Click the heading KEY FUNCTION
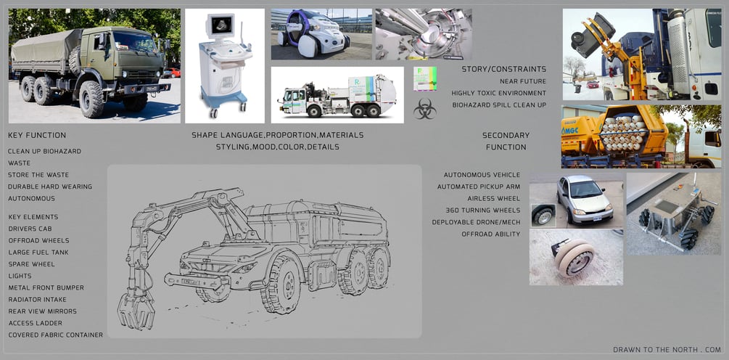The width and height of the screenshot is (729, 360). pyautogui.click(x=37, y=135)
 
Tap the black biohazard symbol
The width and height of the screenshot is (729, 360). pyautogui.click(x=425, y=108)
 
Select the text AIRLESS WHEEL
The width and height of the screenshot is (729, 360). pyautogui.click(x=494, y=199)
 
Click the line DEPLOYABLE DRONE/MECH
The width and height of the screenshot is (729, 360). pyautogui.click(x=476, y=222)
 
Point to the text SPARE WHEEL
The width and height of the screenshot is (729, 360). pyautogui.click(x=32, y=264)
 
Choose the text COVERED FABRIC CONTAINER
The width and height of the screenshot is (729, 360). pyautogui.click(x=56, y=335)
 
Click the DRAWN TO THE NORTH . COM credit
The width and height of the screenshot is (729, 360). pyautogui.click(x=667, y=349)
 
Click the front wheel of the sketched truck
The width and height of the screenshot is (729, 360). pyautogui.click(x=280, y=284)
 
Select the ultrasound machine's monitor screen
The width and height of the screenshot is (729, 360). pyautogui.click(x=221, y=25)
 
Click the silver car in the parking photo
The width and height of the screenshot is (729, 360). pyautogui.click(x=584, y=199)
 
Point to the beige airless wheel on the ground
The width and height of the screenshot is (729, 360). pyautogui.click(x=574, y=257)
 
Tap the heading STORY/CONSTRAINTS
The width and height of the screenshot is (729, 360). pyautogui.click(x=504, y=69)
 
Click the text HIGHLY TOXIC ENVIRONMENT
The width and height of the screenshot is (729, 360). pyautogui.click(x=499, y=93)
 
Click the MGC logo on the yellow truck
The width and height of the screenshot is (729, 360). pyautogui.click(x=569, y=131)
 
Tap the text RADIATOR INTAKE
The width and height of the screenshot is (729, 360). pyautogui.click(x=37, y=300)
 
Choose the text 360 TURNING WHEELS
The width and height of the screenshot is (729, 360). pyautogui.click(x=483, y=210)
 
